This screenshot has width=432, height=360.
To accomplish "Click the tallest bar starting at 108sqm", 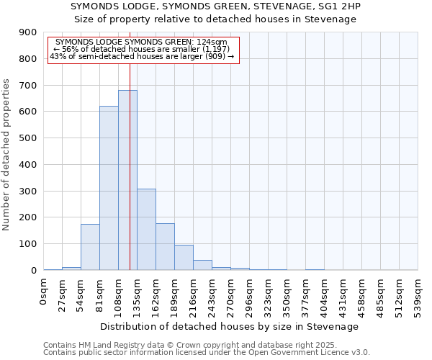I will coord(127,180).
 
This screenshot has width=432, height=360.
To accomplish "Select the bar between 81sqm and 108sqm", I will coord(109,188).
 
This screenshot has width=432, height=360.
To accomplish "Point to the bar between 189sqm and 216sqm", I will coord(184,257).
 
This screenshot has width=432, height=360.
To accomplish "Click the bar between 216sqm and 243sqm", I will coord(202,265).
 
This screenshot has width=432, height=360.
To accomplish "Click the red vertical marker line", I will coord(130,144).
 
